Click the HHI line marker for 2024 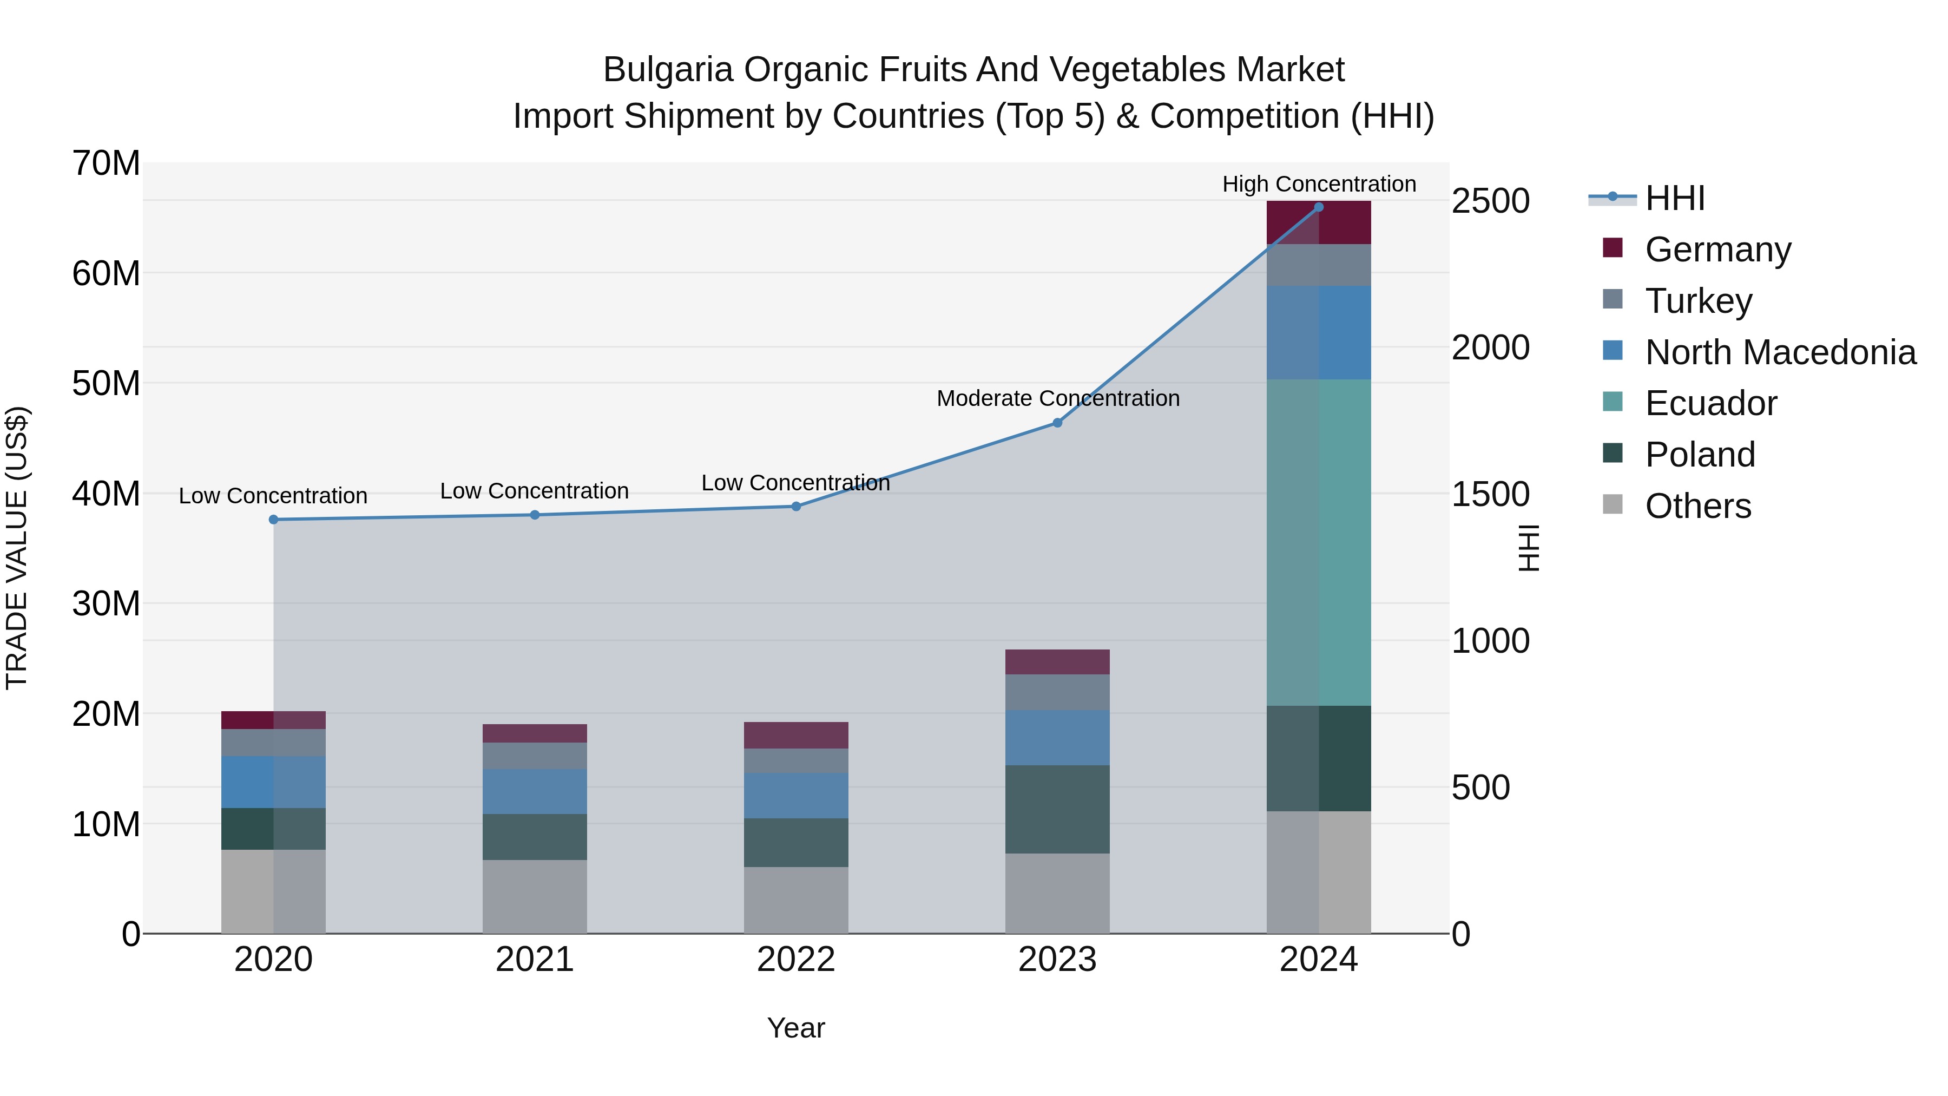(1319, 207)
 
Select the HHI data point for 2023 (1057, 423)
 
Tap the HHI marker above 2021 (535, 515)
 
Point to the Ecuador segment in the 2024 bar (1319, 542)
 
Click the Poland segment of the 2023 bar (1057, 809)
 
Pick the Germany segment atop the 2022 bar (795, 735)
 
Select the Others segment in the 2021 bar (535, 896)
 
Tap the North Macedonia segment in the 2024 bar (1319, 333)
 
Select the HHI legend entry (1674, 198)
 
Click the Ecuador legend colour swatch (1613, 402)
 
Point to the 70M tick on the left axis (106, 163)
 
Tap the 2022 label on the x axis (795, 960)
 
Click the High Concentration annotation (1319, 184)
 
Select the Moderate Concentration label (1057, 398)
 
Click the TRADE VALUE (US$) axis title (17, 548)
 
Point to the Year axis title (795, 1028)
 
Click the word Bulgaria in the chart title (668, 70)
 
